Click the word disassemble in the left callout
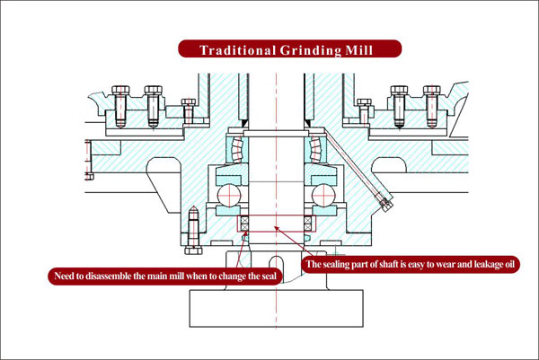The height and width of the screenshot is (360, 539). (120, 275)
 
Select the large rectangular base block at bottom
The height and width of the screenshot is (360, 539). (275, 309)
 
